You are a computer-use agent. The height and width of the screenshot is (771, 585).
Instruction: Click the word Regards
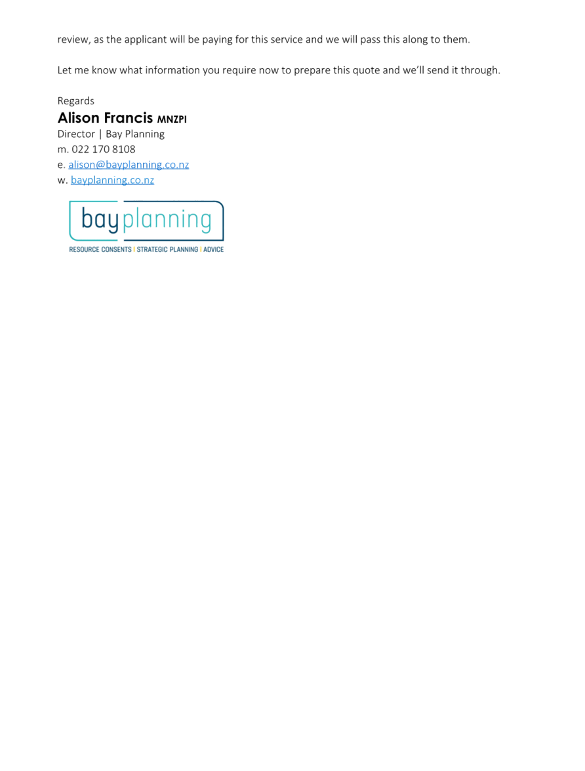75,101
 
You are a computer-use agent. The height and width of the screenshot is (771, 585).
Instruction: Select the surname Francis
129,117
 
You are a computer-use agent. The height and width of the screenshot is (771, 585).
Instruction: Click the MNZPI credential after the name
172,119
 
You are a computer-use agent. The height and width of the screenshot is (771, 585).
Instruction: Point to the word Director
76,134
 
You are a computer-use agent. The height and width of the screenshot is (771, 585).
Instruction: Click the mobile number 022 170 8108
103,149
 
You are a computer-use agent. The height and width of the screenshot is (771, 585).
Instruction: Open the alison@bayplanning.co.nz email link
129,165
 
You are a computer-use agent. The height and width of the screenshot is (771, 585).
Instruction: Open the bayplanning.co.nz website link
112,180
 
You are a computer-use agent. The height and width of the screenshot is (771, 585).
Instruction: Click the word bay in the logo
100,219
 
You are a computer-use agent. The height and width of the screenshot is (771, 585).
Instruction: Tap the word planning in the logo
167,220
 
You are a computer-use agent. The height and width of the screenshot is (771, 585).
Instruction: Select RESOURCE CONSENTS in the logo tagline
100,249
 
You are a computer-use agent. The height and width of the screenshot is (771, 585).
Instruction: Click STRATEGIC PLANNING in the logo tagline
167,249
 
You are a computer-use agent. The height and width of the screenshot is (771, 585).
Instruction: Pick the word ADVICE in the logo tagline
213,249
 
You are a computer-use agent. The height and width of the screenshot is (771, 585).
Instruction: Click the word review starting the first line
73,40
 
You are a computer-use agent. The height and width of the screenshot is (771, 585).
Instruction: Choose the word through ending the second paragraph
480,70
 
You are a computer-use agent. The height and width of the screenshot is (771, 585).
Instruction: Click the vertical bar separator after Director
100,135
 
